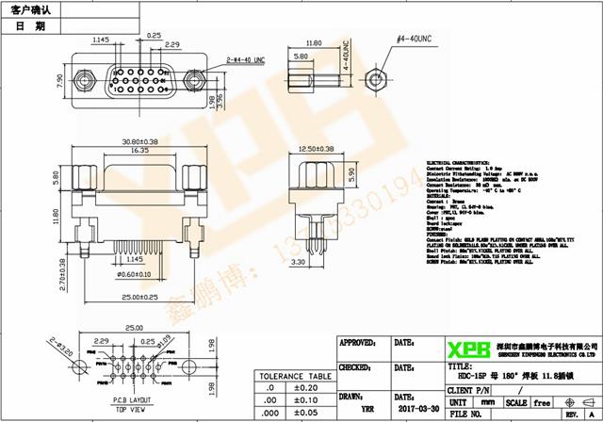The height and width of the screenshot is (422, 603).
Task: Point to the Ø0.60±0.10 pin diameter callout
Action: point(132,274)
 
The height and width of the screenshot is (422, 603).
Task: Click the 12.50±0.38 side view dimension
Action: point(315,149)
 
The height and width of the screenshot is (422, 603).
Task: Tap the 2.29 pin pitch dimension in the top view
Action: point(171,44)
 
